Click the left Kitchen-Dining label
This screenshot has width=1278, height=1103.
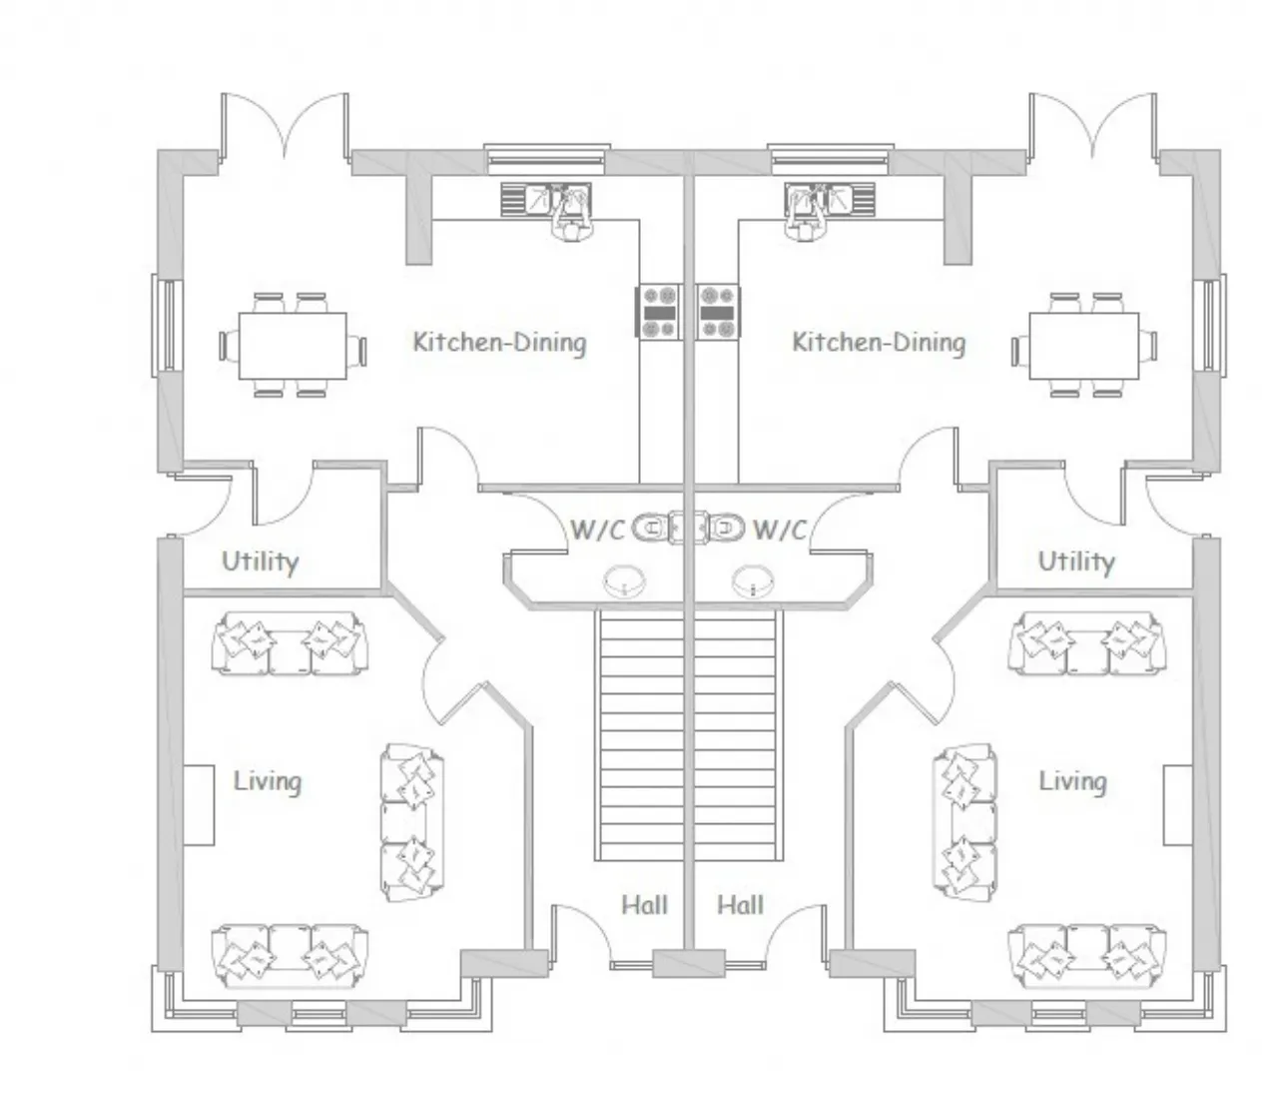point(499,343)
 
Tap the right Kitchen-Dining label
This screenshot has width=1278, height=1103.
point(879,343)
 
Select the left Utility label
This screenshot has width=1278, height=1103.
point(261,562)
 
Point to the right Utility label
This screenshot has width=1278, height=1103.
point(1076,562)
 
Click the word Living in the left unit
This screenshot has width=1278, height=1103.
point(268,782)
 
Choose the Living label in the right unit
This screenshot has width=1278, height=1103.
point(1072,782)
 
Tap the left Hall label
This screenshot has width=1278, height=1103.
point(644,905)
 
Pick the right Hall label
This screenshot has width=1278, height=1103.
point(740,905)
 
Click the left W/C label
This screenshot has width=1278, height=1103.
point(597,531)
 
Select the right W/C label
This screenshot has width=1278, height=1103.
point(780,531)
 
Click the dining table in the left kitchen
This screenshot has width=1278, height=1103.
point(293,346)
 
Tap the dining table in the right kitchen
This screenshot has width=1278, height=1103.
point(1084,346)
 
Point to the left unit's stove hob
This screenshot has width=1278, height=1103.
point(659,312)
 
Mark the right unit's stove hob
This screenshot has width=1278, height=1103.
point(719,312)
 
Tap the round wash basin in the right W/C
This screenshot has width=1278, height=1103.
point(753,581)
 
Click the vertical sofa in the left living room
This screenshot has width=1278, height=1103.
point(411,822)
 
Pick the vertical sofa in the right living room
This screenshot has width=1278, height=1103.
point(964,822)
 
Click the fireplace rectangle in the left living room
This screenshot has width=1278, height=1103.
point(199,805)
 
